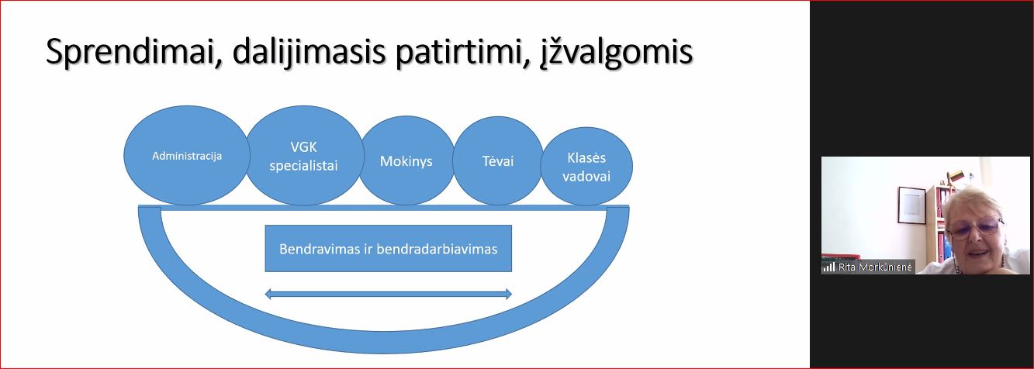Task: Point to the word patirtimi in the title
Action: coord(462,52)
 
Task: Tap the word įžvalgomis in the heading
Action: coord(617,52)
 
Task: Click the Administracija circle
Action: coord(187,156)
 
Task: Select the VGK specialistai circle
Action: coord(304,156)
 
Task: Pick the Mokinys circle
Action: coord(406,160)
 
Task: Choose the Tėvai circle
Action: coord(498,160)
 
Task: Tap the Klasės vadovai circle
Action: coord(586,166)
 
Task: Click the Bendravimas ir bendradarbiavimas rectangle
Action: coord(388,248)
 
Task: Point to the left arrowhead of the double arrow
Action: coord(268,294)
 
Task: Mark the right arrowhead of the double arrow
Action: coord(509,294)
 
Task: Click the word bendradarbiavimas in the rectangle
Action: coord(437,249)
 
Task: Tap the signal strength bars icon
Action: coord(828,267)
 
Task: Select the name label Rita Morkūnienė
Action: coord(875,267)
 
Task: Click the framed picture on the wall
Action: coord(911,205)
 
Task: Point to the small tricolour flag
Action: coord(955,176)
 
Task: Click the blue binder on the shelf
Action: coord(941,247)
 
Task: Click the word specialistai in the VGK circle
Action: coord(304,166)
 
